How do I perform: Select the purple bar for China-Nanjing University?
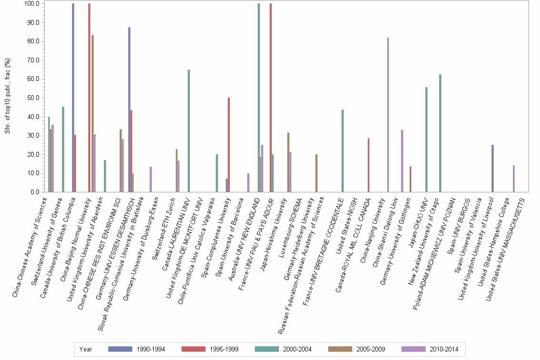[x=388, y=115]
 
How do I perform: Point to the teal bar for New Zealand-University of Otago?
[x=440, y=133]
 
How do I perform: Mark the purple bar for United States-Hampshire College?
[x=514, y=179]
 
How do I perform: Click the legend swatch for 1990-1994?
[x=120, y=349]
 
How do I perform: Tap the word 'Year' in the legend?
[x=86, y=349]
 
